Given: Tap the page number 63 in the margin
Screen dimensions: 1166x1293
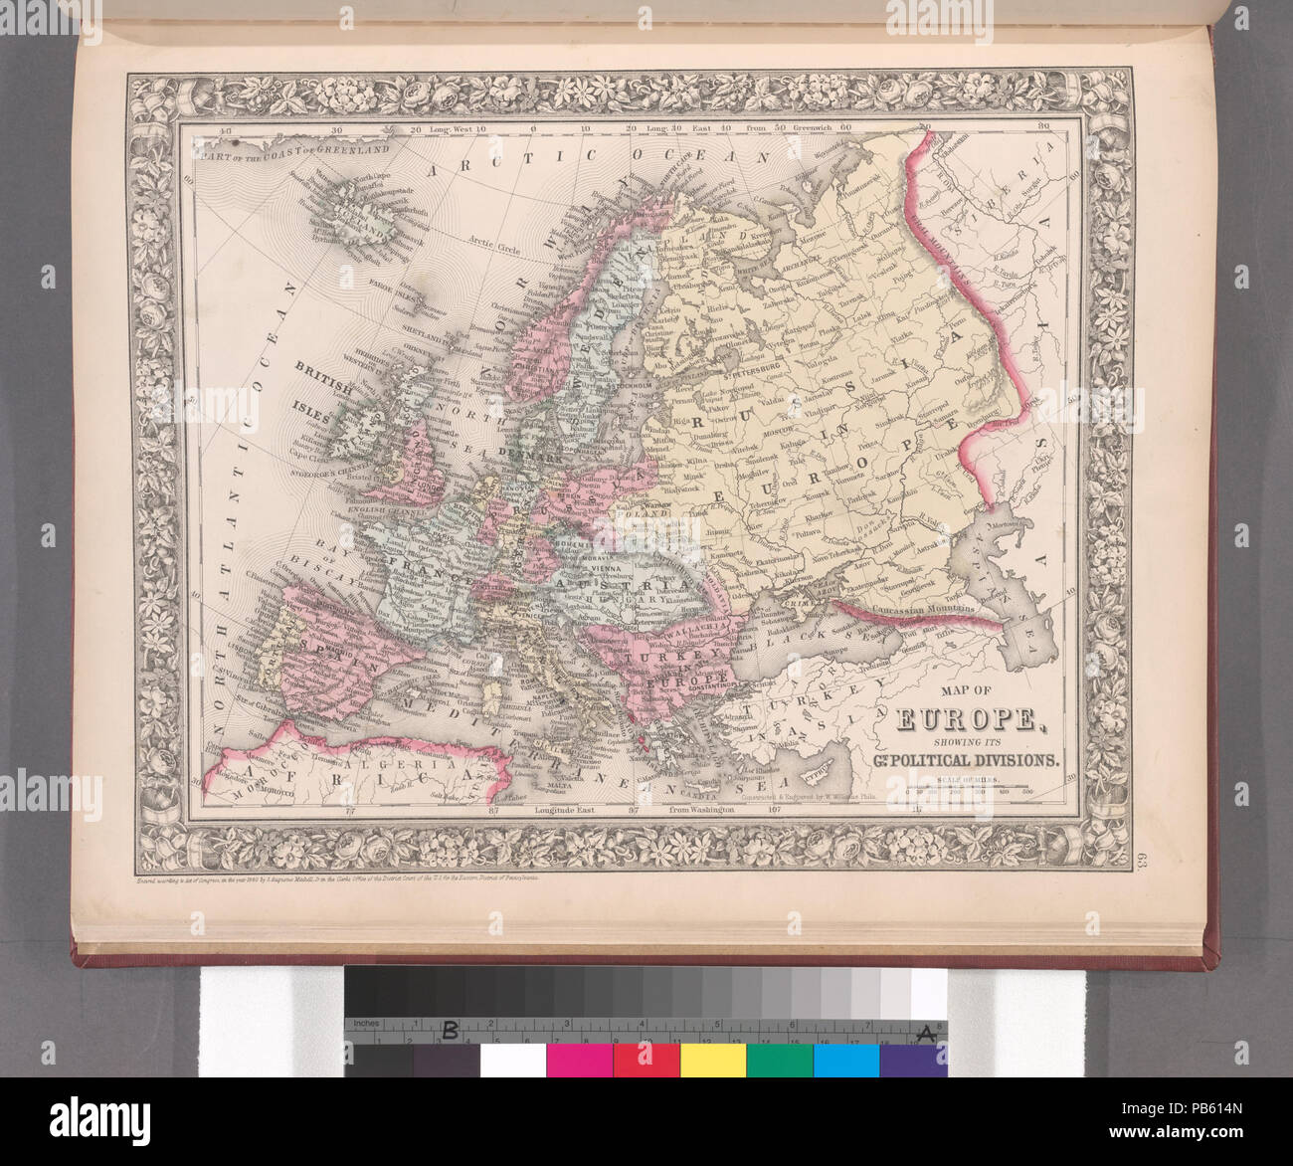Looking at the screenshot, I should [x=1137, y=860].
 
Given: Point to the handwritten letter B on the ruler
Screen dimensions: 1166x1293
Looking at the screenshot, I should [x=450, y=1032].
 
